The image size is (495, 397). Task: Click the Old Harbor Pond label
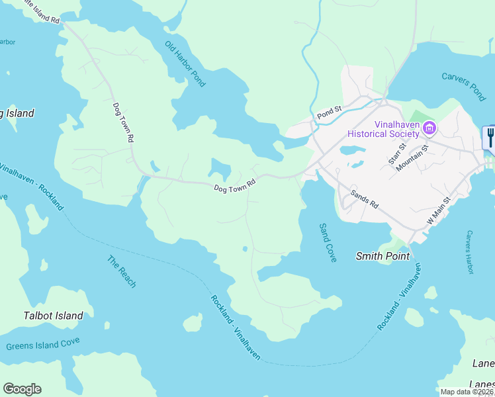(x=185, y=64)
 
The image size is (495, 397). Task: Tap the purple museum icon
(x=429, y=127)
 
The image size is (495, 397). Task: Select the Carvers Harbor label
(x=470, y=252)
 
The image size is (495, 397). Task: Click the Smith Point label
(x=382, y=255)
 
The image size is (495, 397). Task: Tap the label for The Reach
(x=122, y=272)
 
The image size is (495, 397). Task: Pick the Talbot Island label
(x=54, y=316)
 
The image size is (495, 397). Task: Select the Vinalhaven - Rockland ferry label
(x=34, y=186)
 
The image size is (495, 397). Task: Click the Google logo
(x=22, y=389)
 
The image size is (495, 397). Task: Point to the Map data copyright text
(x=466, y=392)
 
